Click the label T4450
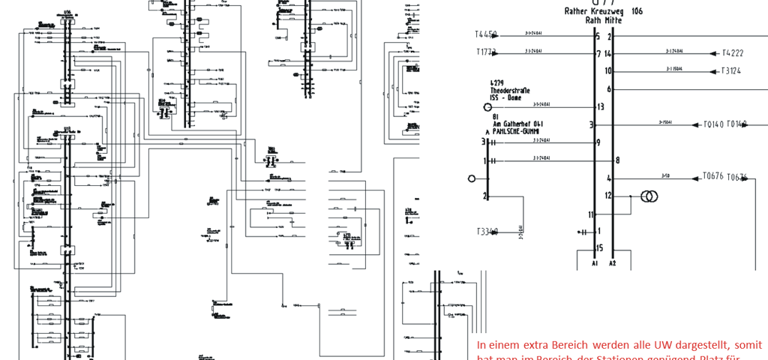point(486,34)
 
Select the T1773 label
point(486,52)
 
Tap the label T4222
point(732,53)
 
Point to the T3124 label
point(731,71)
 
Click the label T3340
point(487,231)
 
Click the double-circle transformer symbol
point(647,196)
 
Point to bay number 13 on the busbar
point(599,106)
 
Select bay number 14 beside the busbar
point(609,53)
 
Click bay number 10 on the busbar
point(609,71)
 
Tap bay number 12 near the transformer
point(609,196)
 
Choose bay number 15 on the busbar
point(599,247)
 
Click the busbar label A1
point(595,263)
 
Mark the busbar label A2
point(613,263)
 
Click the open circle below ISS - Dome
point(487,106)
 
